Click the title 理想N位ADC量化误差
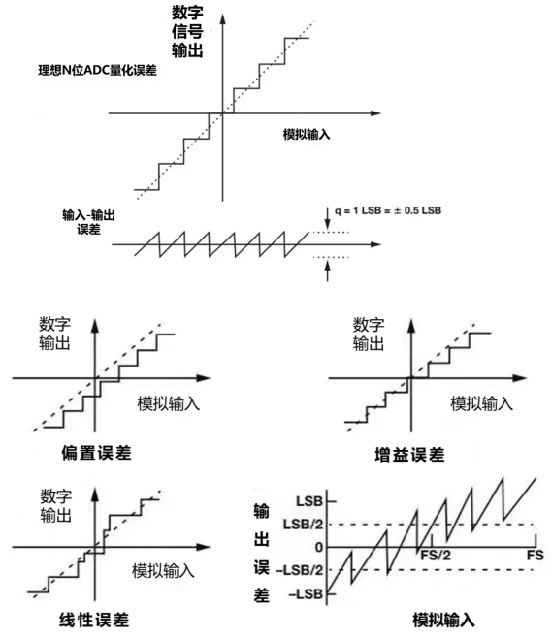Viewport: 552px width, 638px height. click(97, 71)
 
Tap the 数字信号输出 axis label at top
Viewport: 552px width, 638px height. click(187, 31)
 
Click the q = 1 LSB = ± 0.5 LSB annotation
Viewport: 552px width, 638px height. click(388, 210)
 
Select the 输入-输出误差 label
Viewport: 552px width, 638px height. click(88, 222)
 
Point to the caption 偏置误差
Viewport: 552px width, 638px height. click(96, 453)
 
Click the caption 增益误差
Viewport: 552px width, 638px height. click(409, 455)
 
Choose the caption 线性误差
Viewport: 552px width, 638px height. click(94, 621)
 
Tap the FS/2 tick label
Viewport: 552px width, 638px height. click(436, 556)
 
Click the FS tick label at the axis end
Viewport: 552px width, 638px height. click(535, 556)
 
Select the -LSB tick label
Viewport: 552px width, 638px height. click(306, 594)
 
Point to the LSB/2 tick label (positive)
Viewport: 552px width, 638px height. click(303, 524)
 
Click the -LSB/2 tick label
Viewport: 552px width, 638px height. click(300, 570)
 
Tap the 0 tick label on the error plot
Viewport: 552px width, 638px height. click(319, 548)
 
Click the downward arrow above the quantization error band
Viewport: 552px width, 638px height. click(328, 218)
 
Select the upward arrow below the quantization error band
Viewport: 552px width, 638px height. click(328, 271)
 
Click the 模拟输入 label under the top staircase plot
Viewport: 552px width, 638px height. click(307, 134)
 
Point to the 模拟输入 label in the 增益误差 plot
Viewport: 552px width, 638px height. click(481, 404)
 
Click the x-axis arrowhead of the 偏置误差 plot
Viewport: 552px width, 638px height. click(204, 378)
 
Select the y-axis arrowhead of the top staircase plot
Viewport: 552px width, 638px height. click(223, 18)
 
